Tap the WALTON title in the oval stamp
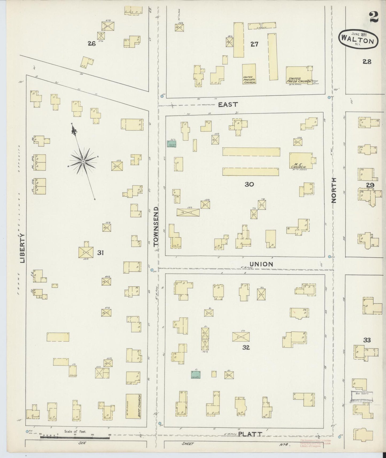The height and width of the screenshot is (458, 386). (359, 41)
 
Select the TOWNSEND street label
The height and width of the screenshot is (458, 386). (156, 226)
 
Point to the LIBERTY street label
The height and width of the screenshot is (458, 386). (22, 248)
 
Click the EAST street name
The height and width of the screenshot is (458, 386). (228, 105)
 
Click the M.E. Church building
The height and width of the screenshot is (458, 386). (301, 161)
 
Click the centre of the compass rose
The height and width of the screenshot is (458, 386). (83, 161)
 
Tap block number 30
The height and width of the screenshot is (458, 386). (249, 184)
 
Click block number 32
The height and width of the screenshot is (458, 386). (246, 348)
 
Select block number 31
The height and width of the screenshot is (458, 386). (100, 253)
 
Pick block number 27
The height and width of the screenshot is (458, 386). (254, 44)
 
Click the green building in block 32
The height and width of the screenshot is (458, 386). (196, 375)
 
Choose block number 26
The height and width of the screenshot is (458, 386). (92, 44)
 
